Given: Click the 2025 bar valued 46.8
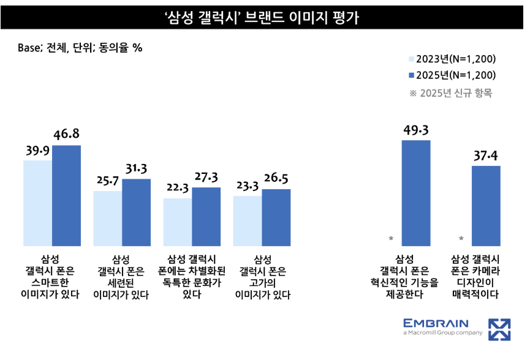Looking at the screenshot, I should click(x=66, y=196).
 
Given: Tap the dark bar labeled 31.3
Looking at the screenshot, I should click(x=136, y=212).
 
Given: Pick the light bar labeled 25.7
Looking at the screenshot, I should click(x=107, y=219).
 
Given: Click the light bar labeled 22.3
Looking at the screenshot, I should click(x=177, y=222).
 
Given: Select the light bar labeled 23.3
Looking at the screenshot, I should click(x=248, y=221).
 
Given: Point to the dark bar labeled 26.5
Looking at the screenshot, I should click(x=276, y=217).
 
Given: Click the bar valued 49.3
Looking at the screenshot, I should click(x=416, y=193).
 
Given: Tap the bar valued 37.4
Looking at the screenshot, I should click(x=486, y=206).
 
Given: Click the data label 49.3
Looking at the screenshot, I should click(x=416, y=130).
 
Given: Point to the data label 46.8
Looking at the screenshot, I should click(x=66, y=135).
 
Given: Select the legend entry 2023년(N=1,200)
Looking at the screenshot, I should click(x=452, y=59).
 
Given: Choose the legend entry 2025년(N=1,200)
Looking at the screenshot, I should click(x=452, y=76).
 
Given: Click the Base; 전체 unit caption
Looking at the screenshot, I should click(x=80, y=48).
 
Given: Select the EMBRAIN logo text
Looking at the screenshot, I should click(x=436, y=323).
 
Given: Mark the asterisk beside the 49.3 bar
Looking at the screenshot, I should click(x=391, y=238).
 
